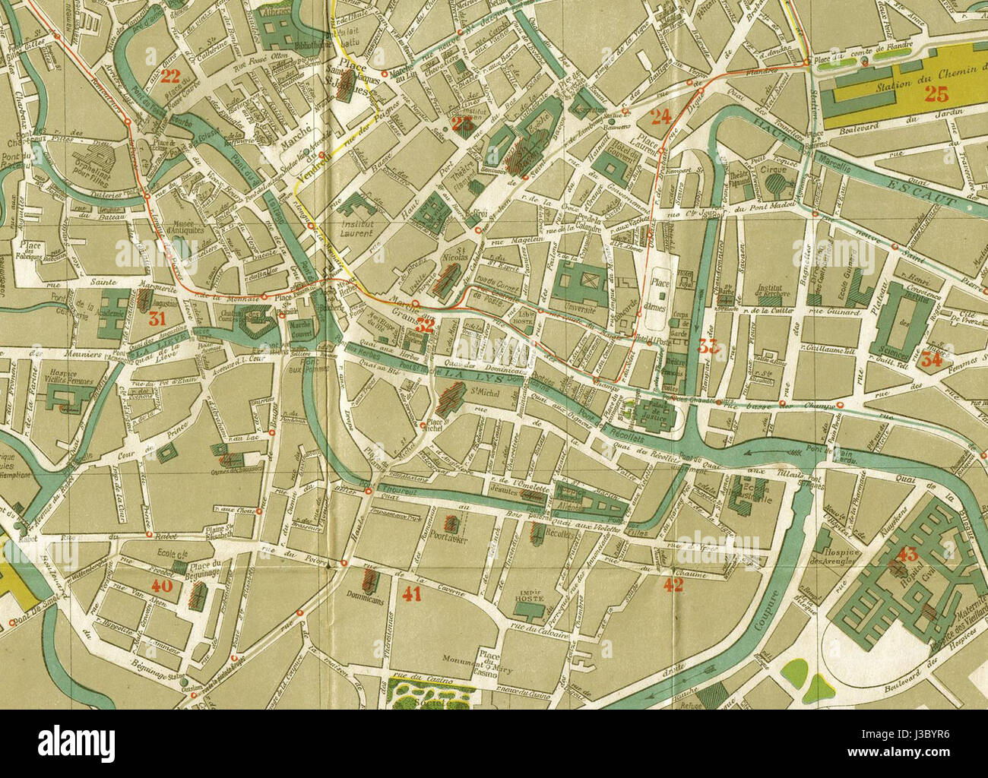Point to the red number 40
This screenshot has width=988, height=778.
tap(162, 586)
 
